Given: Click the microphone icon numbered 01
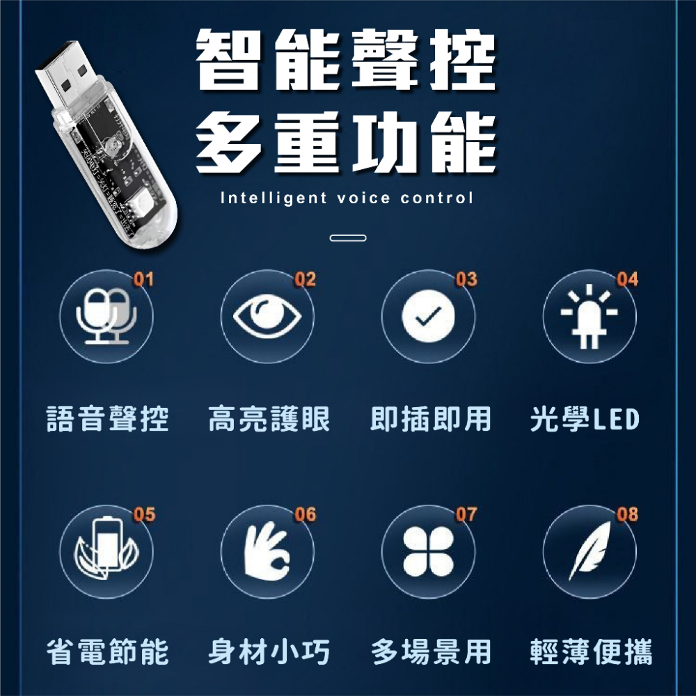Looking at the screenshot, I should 107,317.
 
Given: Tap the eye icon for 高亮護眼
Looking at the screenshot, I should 268,317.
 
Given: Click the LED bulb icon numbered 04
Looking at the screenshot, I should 590,317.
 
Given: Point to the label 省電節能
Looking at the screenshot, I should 107,653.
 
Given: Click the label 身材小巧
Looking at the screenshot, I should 269,653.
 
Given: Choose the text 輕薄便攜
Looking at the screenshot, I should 591,653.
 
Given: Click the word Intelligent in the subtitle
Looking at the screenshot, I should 273,198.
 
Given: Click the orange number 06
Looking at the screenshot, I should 305,514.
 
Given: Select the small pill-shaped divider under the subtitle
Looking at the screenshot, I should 347,238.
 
